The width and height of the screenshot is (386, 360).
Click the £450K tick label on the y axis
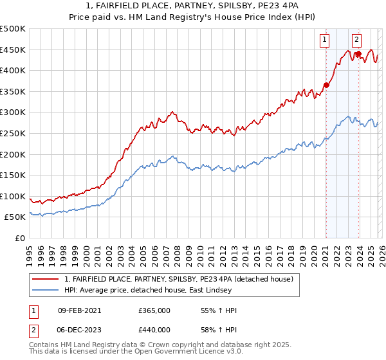[x=13, y=50]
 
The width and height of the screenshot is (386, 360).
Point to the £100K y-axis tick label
[x=13, y=196]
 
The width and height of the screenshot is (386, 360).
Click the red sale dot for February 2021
[x=326, y=85]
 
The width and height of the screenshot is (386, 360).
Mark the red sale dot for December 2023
[x=358, y=53]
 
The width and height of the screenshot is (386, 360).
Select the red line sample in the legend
[x=46, y=279]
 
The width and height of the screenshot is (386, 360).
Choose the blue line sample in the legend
[x=46, y=291]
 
